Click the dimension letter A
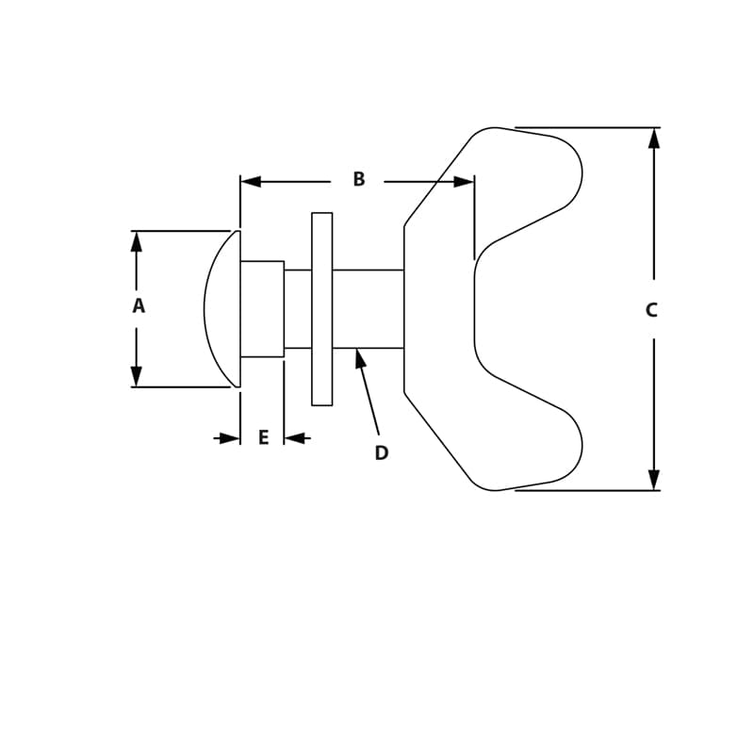point(139,306)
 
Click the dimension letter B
point(358,180)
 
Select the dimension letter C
point(651,310)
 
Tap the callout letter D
point(381,453)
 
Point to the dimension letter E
point(263,438)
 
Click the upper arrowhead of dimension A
point(137,241)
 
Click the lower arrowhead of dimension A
point(137,376)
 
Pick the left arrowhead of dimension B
point(251,181)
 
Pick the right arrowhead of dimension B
point(463,181)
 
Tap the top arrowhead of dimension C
point(654,139)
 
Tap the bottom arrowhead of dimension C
point(654,479)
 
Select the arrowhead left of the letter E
point(229,438)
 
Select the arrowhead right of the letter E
point(295,438)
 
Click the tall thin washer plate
point(321,309)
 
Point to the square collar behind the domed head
point(262,309)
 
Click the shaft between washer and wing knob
point(368,309)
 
